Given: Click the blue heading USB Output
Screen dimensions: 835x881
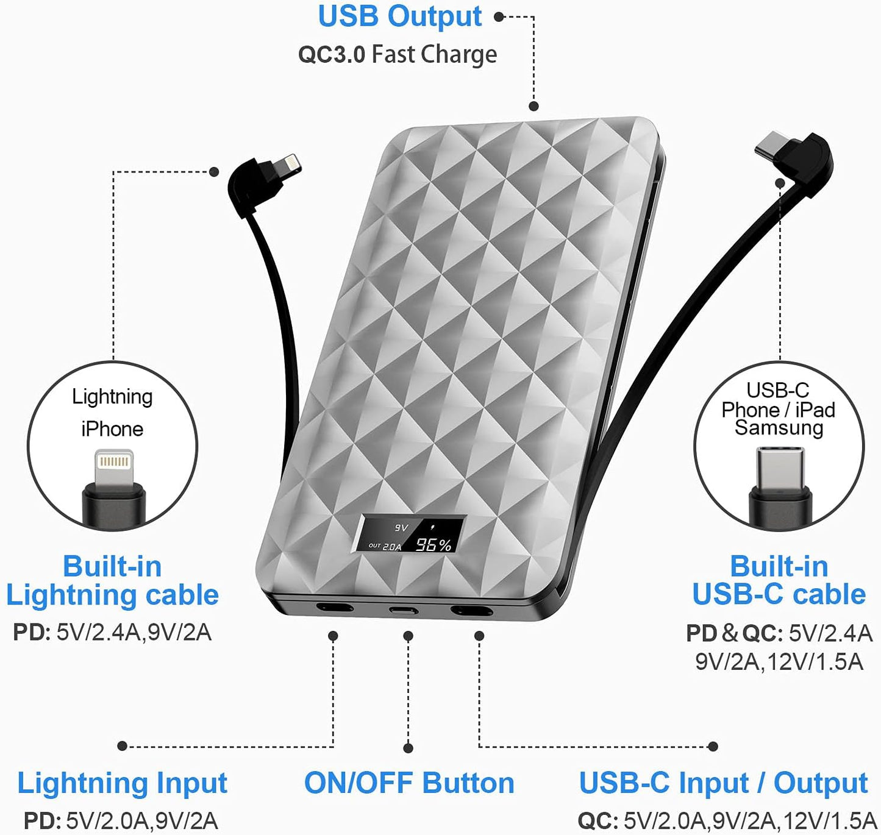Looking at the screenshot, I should click(x=399, y=16).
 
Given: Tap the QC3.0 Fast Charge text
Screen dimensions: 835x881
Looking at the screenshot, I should click(x=397, y=54).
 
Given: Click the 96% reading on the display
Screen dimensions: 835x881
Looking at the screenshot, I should click(x=433, y=544).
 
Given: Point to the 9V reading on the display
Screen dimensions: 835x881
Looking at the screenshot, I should click(x=401, y=528).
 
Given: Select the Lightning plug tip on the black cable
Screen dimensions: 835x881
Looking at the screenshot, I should click(x=288, y=165).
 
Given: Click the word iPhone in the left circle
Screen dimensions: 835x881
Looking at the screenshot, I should click(x=112, y=429).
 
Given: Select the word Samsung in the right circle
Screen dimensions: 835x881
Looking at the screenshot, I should click(x=779, y=428).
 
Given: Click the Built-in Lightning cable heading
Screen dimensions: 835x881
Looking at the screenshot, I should click(x=112, y=580).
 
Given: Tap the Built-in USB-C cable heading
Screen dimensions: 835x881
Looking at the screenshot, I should click(x=779, y=580).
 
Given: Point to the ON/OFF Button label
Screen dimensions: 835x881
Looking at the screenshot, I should click(x=409, y=783).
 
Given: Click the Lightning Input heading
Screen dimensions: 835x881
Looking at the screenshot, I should click(x=122, y=783).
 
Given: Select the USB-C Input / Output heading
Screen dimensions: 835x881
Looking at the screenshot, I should click(x=723, y=783).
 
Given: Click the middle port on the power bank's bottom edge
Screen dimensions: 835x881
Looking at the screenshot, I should click(x=404, y=609).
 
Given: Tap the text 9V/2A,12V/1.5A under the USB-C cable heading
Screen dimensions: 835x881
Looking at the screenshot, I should click(x=779, y=662).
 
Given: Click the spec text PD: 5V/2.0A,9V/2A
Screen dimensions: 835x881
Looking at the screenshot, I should click(x=121, y=821).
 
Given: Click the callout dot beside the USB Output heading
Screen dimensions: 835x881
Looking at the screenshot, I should click(x=499, y=17).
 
